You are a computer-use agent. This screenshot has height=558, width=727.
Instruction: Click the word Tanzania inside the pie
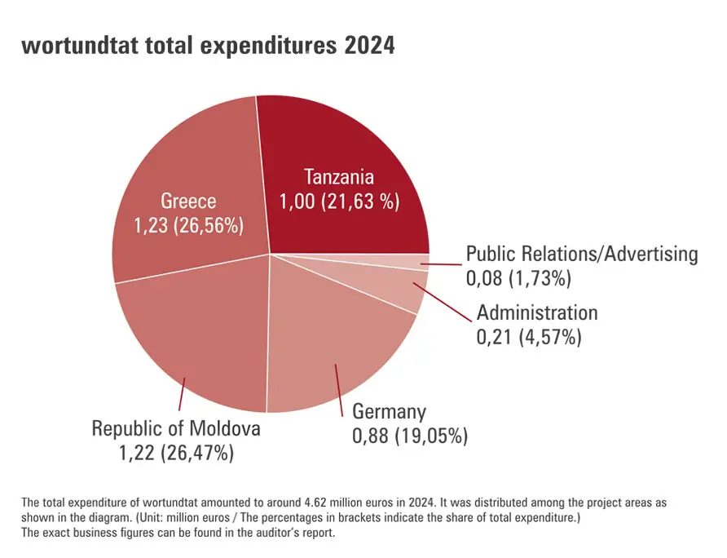pyautogui.click(x=339, y=177)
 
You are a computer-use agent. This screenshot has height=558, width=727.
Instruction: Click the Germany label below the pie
pyautogui.click(x=389, y=411)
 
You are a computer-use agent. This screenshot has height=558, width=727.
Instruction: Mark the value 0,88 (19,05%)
pyautogui.click(x=410, y=436)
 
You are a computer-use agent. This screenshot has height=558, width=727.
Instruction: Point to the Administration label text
pyautogui.click(x=537, y=312)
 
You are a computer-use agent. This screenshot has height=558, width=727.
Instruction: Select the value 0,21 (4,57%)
pyautogui.click(x=529, y=337)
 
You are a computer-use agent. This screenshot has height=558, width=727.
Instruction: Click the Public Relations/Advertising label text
pyautogui.click(x=582, y=254)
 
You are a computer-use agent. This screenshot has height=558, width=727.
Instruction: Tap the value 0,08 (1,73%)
pyautogui.click(x=518, y=278)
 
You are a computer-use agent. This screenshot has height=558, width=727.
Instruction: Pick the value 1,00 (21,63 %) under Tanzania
pyautogui.click(x=340, y=202)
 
